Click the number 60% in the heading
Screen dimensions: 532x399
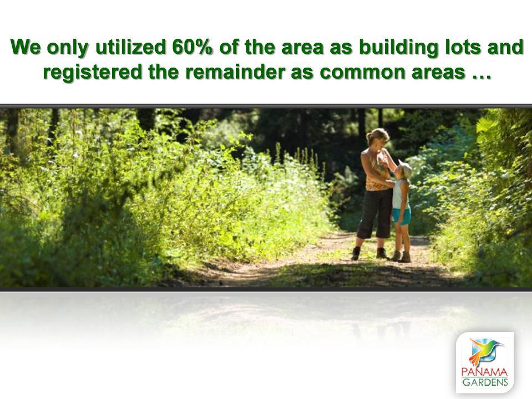click(x=192, y=47)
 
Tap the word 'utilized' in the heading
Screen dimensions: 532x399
click(x=131, y=47)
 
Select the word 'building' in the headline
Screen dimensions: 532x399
click(x=398, y=48)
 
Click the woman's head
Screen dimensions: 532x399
click(x=377, y=137)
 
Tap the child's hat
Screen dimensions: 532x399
click(x=406, y=168)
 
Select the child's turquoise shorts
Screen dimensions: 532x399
click(x=402, y=216)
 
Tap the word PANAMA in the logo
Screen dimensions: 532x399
click(x=484, y=372)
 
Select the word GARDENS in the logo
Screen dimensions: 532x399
click(x=485, y=382)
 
